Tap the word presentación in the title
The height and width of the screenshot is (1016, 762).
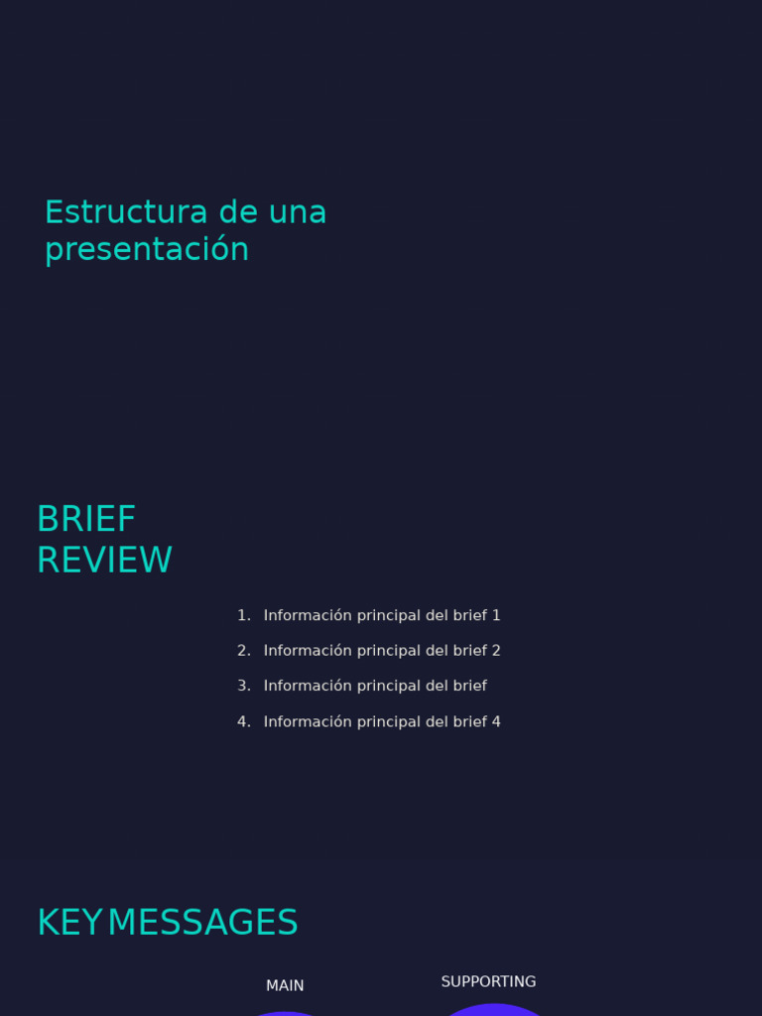click(147, 249)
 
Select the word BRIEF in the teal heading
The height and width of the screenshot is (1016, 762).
click(86, 519)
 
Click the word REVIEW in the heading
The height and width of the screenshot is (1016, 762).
click(104, 561)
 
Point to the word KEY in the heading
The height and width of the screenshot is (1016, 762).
click(69, 923)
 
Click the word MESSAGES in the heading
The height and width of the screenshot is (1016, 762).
click(202, 923)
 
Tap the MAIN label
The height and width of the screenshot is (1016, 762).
click(285, 986)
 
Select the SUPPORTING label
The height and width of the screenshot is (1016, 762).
click(488, 982)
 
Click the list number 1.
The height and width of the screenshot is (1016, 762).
click(243, 615)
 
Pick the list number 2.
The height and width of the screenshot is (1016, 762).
click(243, 651)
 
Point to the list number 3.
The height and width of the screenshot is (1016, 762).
click(243, 686)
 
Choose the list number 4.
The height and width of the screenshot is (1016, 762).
click(243, 721)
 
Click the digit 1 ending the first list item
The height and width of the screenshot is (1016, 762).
click(496, 615)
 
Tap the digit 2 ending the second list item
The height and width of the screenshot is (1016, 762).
click(496, 651)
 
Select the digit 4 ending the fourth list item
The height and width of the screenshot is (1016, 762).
click(496, 721)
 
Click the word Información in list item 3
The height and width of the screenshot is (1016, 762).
click(308, 686)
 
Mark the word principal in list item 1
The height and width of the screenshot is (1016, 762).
click(389, 615)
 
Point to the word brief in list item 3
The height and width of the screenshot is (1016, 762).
click(470, 686)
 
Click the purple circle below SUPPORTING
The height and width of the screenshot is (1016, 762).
click(492, 1010)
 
